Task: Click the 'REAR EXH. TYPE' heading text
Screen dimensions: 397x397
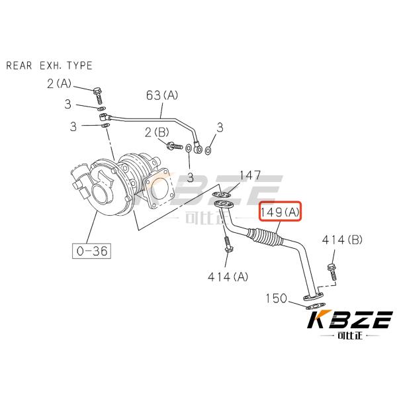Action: click(x=49, y=66)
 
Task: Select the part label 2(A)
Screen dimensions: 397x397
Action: click(x=59, y=83)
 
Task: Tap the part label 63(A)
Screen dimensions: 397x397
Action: click(x=162, y=96)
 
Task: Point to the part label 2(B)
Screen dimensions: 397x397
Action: click(x=157, y=133)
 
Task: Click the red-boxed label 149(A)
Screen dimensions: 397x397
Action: click(x=280, y=212)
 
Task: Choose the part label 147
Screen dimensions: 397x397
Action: click(x=249, y=175)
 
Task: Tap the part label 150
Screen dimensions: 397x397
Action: click(x=277, y=298)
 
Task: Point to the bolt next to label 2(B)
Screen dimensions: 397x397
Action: click(x=175, y=146)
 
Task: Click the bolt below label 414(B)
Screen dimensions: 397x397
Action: click(x=330, y=273)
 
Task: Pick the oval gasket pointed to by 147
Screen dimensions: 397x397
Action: click(x=222, y=195)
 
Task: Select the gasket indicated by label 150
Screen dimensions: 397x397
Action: click(x=312, y=306)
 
